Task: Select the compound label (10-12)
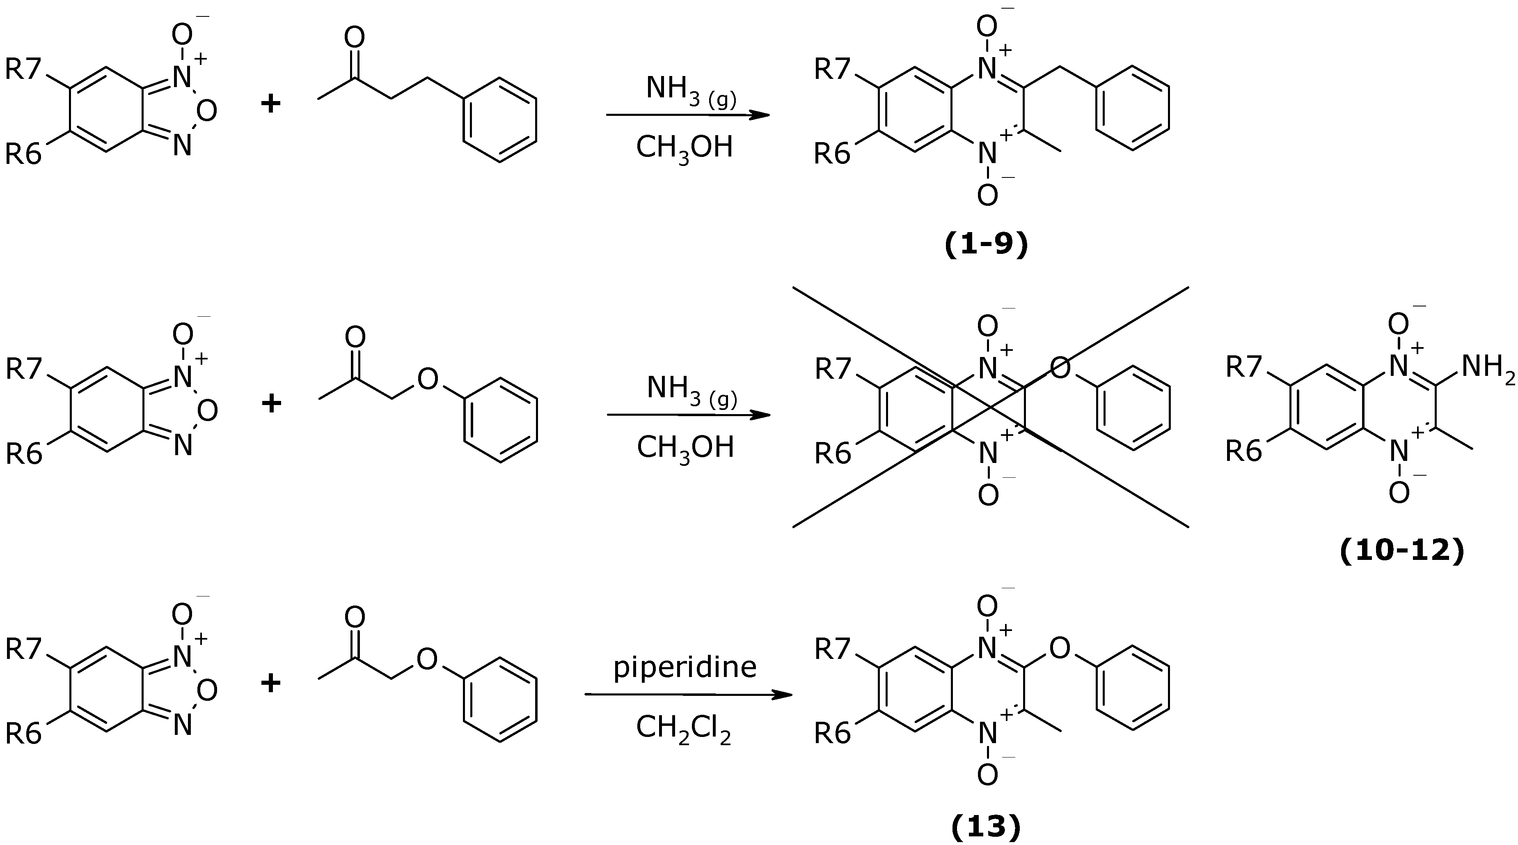coord(1402,551)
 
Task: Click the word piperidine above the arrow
coord(685,667)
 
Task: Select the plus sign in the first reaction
coord(270,104)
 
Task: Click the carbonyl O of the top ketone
coord(354,38)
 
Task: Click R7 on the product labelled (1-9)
coord(832,69)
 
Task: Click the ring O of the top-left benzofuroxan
coord(207,110)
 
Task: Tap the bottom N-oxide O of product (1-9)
coord(988,195)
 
